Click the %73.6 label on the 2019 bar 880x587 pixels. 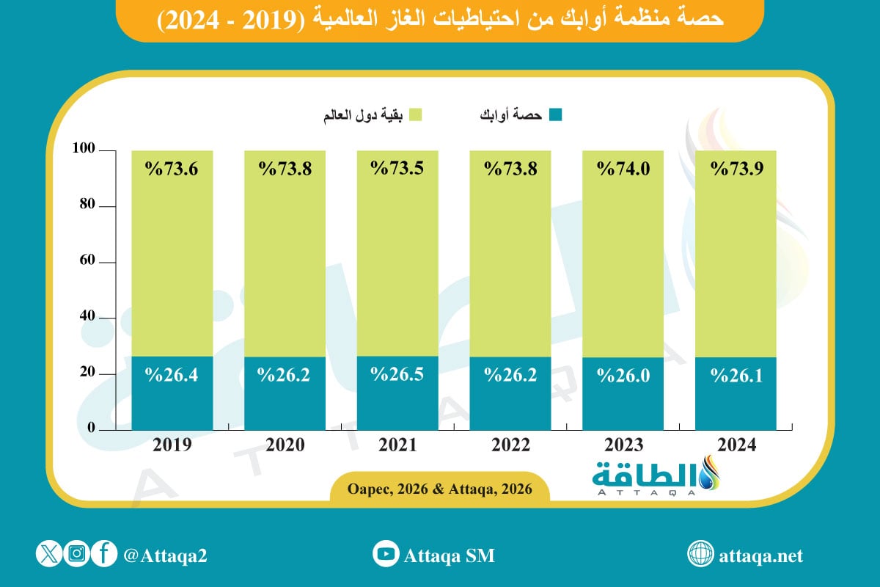172,169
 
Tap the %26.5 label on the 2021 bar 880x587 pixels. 397,374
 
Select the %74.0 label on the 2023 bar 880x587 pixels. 623,169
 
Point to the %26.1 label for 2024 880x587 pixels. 736,376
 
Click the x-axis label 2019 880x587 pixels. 172,445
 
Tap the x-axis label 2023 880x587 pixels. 623,445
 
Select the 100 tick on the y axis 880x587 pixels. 84,150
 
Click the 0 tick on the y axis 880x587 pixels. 91,428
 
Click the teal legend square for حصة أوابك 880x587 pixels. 555,114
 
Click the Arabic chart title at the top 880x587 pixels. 440,20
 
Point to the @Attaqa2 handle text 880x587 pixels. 166,555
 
